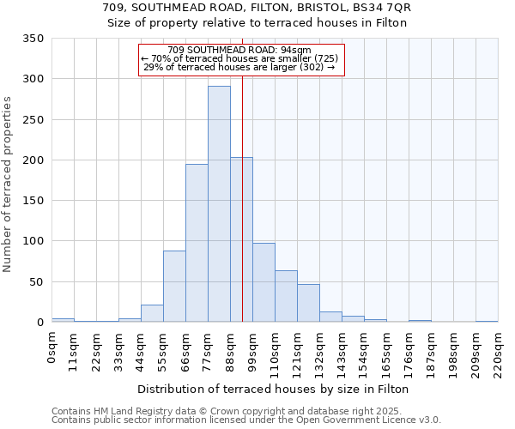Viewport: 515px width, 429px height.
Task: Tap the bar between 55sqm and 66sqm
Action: click(x=174, y=286)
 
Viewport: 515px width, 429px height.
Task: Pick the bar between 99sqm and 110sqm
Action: click(x=264, y=282)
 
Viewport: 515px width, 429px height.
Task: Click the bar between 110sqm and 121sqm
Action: click(x=286, y=296)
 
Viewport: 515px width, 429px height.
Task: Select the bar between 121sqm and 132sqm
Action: click(x=308, y=303)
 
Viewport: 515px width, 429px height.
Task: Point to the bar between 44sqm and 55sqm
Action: click(x=152, y=313)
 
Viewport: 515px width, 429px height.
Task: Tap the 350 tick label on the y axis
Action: click(x=33, y=39)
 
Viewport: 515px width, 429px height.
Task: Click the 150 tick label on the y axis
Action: click(x=33, y=201)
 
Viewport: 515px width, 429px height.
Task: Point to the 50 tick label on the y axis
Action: click(x=37, y=281)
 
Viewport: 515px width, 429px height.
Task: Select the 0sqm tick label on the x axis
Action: click(x=51, y=347)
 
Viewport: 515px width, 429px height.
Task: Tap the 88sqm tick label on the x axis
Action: click(x=230, y=351)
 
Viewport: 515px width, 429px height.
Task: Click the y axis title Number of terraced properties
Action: click(x=8, y=184)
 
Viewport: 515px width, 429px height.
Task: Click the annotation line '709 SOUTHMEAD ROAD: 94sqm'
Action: click(x=239, y=50)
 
